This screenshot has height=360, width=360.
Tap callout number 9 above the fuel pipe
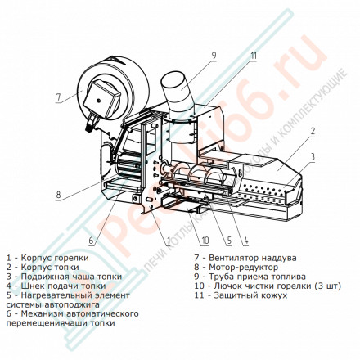point(212,55)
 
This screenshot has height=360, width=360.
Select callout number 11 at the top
point(254,56)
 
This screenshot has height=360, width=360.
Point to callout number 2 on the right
point(312,131)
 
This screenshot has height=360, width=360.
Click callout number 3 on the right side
point(312,155)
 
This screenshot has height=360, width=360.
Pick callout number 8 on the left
point(59,195)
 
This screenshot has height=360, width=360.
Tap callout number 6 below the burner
point(91,241)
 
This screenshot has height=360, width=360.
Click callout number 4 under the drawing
point(246,241)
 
